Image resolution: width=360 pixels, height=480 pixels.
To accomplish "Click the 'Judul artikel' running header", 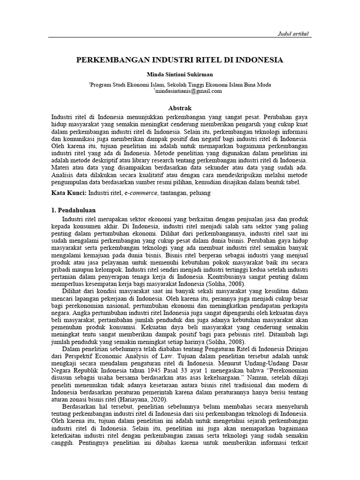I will pyautogui.click(x=294, y=34).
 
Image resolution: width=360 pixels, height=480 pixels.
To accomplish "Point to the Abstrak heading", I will pyautogui.click(x=180, y=108).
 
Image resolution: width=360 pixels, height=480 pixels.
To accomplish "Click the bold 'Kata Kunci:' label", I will pyautogui.click(x=68, y=193).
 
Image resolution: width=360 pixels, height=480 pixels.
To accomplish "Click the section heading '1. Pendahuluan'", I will pyautogui.click(x=74, y=211).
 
